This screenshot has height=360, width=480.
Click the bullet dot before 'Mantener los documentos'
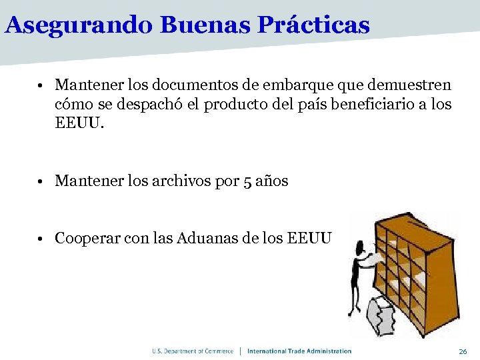pyautogui.click(x=41, y=86)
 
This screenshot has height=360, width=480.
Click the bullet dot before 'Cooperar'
pyautogui.click(x=41, y=239)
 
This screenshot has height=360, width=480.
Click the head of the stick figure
pyautogui.click(x=361, y=249)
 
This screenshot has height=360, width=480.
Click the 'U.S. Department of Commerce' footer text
pyautogui.click(x=193, y=351)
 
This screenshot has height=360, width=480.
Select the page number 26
pyautogui.click(x=463, y=351)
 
